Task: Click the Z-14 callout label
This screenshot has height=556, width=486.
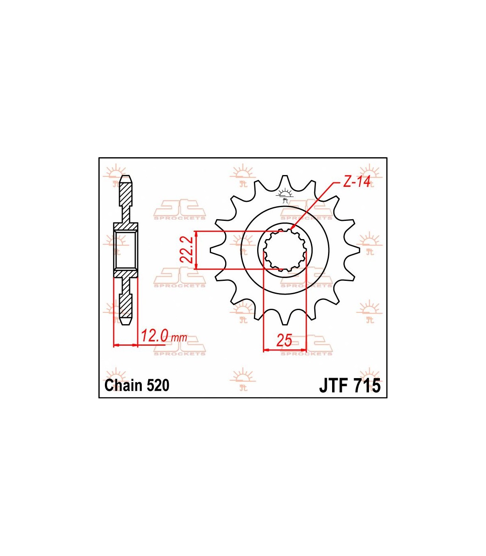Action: (356, 182)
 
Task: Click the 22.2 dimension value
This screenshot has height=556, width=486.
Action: (187, 250)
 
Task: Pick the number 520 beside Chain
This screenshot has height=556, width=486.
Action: (158, 385)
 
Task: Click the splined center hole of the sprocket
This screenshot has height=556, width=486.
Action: (285, 250)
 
